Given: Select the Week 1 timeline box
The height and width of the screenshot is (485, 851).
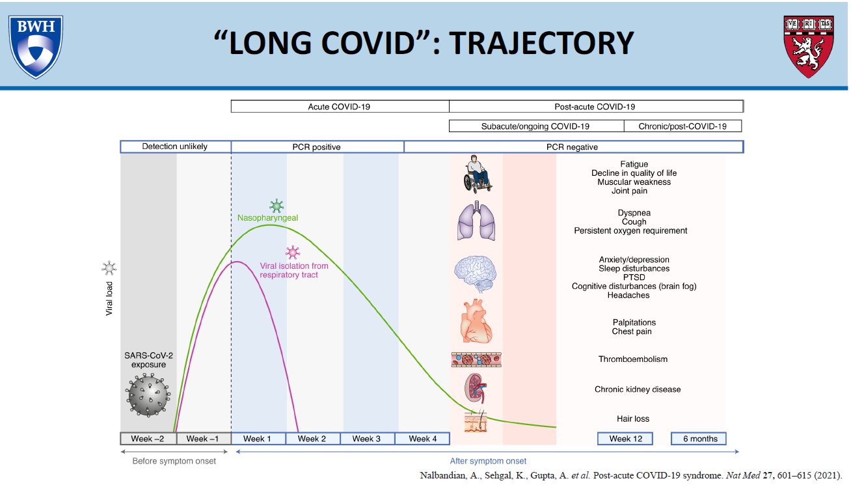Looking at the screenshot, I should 258,438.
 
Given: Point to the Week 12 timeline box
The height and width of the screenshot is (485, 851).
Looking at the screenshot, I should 625,438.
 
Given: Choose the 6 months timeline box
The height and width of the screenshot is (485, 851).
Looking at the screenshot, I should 699,438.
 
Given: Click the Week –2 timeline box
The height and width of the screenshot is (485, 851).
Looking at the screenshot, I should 148,438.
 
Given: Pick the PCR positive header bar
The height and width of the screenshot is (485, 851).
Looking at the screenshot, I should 317,146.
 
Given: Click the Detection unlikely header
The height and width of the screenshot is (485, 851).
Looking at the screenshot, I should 175,146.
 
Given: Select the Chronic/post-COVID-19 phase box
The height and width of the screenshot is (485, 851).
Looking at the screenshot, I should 682,126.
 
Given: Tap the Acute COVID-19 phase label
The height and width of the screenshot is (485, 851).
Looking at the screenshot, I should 340,106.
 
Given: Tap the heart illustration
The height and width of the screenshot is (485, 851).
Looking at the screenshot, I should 477,323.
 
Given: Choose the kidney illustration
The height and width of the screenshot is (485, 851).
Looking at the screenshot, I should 476,389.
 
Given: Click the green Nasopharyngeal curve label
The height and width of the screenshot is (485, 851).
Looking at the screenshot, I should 267,218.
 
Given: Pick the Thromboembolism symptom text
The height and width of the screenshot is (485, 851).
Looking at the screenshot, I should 632,359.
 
